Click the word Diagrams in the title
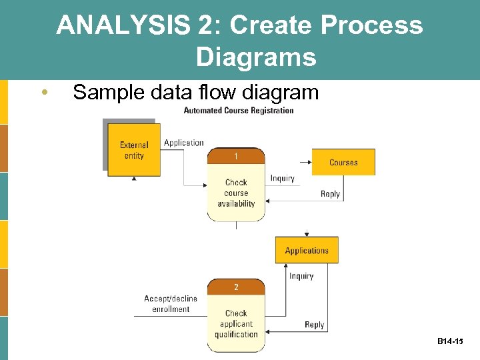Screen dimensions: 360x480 256,58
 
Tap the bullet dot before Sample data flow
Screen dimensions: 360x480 44,92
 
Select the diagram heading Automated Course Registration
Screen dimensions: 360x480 238,111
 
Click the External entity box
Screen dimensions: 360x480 134,150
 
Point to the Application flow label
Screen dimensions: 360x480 183,143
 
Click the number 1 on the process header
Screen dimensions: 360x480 236,157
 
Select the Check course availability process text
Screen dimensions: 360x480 236,193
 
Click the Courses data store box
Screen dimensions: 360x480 343,162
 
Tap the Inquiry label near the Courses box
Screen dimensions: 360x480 282,178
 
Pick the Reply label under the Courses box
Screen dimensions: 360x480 330,194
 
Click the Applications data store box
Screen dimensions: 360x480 307,251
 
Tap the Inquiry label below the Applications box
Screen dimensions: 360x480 301,276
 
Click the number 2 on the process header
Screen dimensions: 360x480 236,287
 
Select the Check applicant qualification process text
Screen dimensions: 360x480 236,323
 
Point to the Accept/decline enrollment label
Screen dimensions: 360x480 171,304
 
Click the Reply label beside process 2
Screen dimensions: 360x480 314,325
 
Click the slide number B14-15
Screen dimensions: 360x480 450,341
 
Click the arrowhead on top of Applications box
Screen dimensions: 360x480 307,234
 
